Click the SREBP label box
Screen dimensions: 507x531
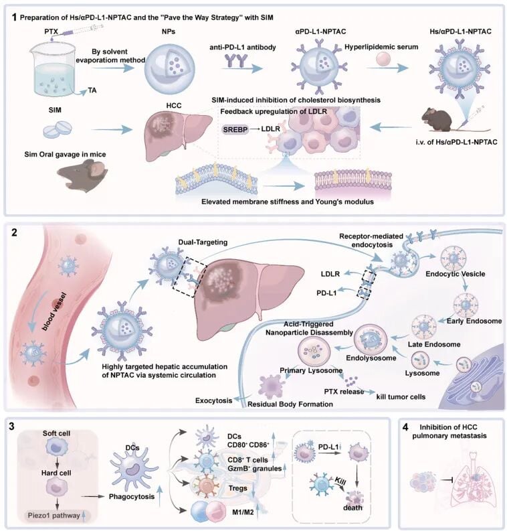[x=235, y=129]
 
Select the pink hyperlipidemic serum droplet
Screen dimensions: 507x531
[x=383, y=58]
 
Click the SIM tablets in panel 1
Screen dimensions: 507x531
[x=58, y=129]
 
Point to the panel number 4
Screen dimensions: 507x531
[x=405, y=427]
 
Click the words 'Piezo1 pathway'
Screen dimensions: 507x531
[x=54, y=516]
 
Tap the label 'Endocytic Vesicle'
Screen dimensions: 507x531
[x=455, y=274]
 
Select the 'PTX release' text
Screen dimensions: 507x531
[x=344, y=392]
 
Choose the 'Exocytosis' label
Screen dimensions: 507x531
[x=214, y=400]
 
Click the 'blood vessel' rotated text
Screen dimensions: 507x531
[x=54, y=311]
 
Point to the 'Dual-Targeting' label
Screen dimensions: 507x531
[x=203, y=242]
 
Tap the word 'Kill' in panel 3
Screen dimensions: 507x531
[x=340, y=481]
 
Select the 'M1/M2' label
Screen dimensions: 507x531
[x=243, y=512]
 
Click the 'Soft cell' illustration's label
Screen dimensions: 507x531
[x=56, y=433]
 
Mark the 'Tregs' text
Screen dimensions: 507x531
[x=237, y=488]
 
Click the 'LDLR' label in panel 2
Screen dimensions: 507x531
[x=330, y=274]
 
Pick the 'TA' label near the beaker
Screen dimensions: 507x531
[x=92, y=90]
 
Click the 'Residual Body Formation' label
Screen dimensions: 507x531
[x=290, y=404]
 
